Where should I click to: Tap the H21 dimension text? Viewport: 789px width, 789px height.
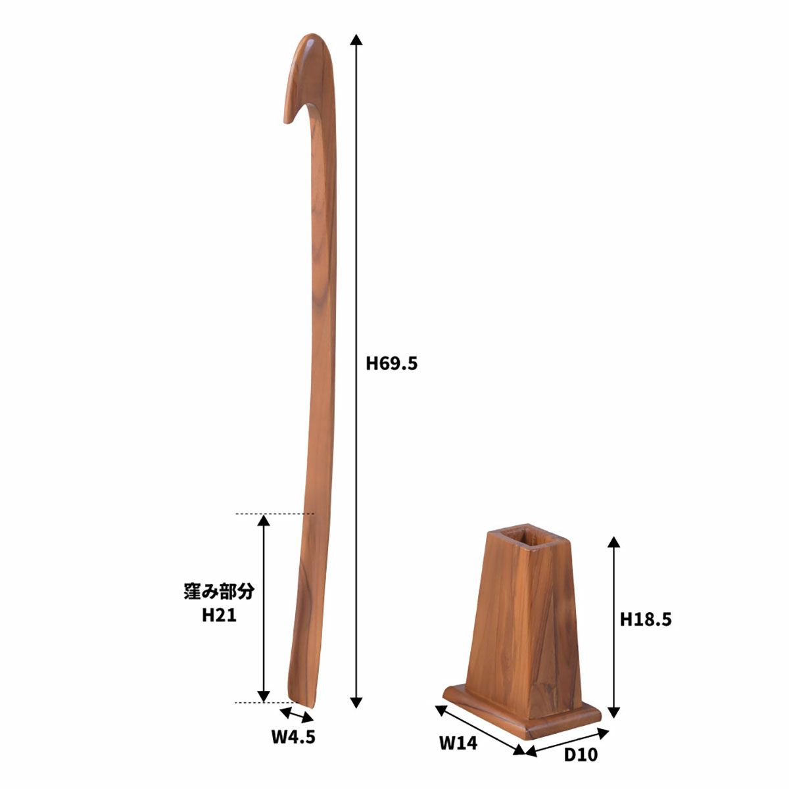pyautogui.click(x=219, y=615)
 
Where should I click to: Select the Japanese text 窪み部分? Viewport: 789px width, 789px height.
pyautogui.click(x=219, y=592)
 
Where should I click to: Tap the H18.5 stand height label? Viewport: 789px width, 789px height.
pyautogui.click(x=646, y=619)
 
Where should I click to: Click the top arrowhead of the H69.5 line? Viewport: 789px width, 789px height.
pyautogui.click(x=356, y=39)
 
